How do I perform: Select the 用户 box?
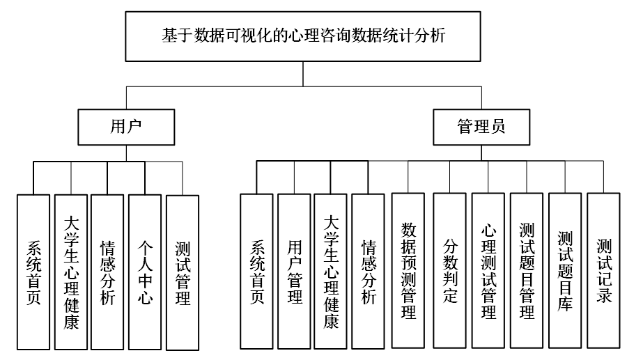[x=126, y=127]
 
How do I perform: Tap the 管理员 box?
[x=481, y=127]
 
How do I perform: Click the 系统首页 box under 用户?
[x=33, y=272]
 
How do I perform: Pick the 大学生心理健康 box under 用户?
[x=70, y=272]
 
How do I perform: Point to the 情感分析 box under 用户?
[x=107, y=272]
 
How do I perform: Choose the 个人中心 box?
[x=145, y=272]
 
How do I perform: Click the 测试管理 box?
[x=183, y=272]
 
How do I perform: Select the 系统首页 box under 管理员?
[x=256, y=271]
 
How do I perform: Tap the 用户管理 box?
[x=294, y=271]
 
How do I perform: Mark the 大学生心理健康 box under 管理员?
[x=331, y=271]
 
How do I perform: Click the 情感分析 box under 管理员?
[x=368, y=271]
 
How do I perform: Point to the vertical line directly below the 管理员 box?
[x=481, y=153]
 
